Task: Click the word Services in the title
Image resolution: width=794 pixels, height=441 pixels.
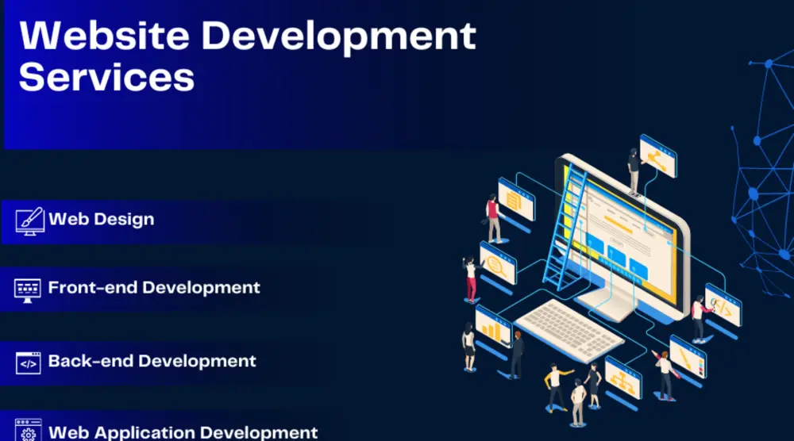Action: [x=106, y=78]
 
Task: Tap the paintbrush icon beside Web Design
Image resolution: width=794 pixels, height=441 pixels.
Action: [x=29, y=220]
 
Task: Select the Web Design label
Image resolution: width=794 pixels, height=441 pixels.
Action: [x=102, y=219]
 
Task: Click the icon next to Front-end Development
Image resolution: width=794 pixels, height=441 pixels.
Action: [x=29, y=288]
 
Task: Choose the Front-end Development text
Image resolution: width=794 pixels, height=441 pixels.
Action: [x=154, y=287]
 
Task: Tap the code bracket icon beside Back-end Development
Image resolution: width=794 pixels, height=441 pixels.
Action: [x=29, y=362]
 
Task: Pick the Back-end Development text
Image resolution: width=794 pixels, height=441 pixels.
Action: [x=152, y=361]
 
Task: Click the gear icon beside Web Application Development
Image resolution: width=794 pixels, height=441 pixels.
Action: [x=29, y=432]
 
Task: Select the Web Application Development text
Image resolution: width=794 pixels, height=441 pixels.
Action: [x=183, y=432]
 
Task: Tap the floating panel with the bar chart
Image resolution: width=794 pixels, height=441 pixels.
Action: [x=493, y=325]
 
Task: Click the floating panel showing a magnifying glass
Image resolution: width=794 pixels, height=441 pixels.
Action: [x=499, y=264]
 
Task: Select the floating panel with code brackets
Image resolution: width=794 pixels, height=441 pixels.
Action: [x=723, y=305]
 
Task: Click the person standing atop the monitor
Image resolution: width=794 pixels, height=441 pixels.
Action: [x=634, y=169]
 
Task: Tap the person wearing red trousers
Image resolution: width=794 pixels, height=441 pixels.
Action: [x=471, y=278]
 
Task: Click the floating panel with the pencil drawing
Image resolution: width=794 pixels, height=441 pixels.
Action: [x=687, y=357]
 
